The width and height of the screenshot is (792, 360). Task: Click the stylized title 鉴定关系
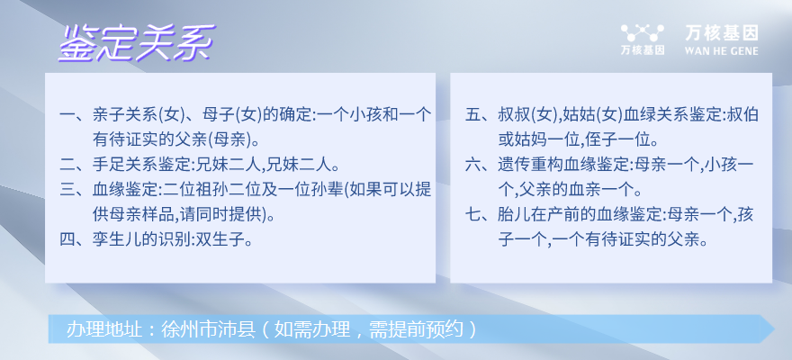(x=137, y=43)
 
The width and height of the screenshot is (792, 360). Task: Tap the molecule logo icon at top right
(x=643, y=33)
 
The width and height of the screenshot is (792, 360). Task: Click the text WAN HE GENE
(x=722, y=51)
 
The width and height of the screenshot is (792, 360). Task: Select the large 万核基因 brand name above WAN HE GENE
(x=722, y=33)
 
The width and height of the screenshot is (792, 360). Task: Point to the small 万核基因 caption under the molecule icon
(x=643, y=50)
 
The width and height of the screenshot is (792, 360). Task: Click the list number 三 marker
(x=67, y=190)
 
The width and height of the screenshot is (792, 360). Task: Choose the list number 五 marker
(x=472, y=115)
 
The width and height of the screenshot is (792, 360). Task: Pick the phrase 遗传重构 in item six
(x=531, y=165)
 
